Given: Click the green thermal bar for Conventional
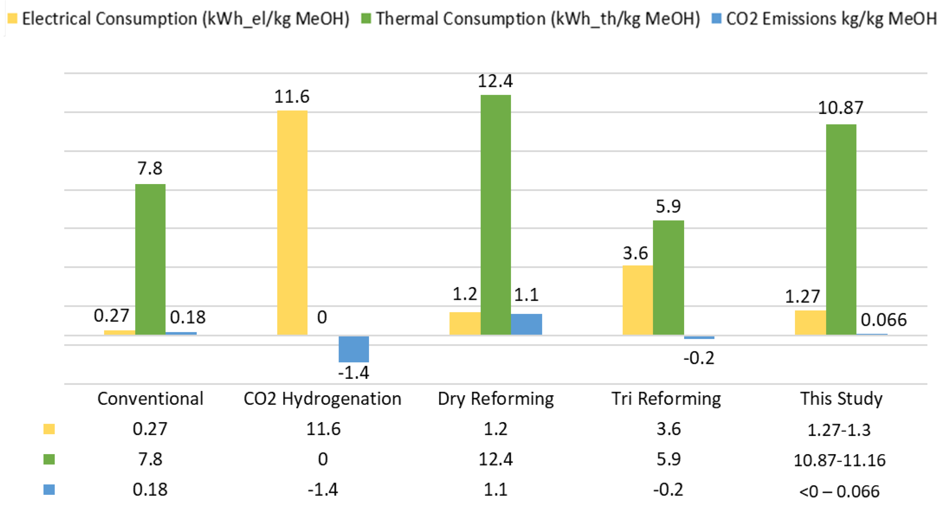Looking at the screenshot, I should pos(150,259).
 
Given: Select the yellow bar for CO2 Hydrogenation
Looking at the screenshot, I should pos(292,222).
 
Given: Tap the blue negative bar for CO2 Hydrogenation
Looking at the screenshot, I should pos(354,349).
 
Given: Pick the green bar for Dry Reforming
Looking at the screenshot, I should pos(496,215).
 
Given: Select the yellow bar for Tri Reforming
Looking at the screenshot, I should pos(638,300).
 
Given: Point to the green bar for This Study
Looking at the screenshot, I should pos(841,229).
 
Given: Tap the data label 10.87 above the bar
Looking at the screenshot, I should pos(841,108).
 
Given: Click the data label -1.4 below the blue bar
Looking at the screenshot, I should pos(354,373).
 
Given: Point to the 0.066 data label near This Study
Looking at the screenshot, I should pos(883,320).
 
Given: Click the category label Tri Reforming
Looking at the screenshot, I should pos(666,399).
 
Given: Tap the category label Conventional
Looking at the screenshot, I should pos(150,399).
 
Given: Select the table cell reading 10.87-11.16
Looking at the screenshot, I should pos(839,460).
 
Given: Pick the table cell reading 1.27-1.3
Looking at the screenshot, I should pos(839,430).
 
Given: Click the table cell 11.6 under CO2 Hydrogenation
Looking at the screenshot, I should pos(323,429).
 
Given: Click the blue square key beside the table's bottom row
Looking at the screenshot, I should pos(49,489).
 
